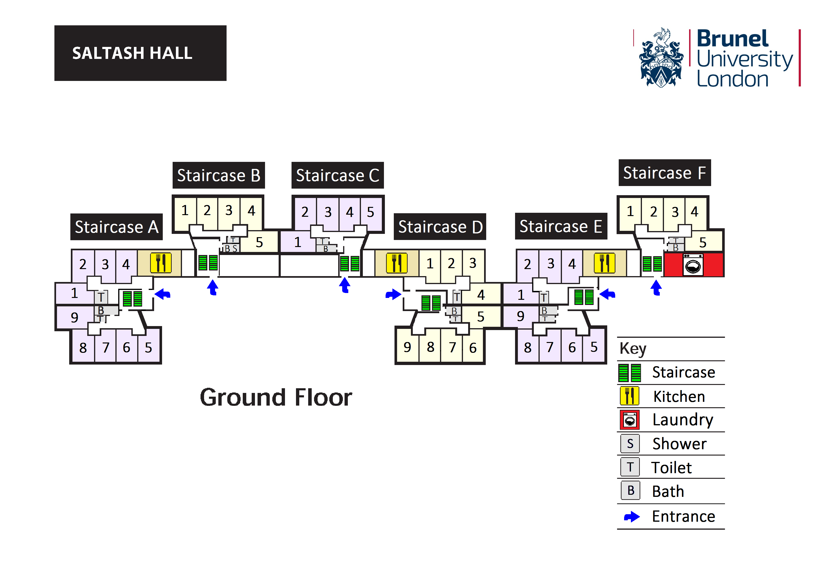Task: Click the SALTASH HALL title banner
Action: [x=140, y=53]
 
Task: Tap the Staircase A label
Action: [x=117, y=227]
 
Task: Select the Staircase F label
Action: [x=664, y=173]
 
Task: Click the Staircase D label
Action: [x=440, y=227]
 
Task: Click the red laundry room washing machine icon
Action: [x=693, y=265]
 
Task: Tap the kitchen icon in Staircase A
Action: [x=161, y=263]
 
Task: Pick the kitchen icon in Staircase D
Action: [x=396, y=263]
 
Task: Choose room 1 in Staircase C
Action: [x=297, y=242]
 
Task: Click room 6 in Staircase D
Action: [x=473, y=347]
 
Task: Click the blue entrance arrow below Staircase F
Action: [x=656, y=288]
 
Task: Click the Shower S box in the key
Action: [x=630, y=444]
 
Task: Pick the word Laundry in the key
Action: [x=683, y=420]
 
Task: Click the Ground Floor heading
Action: [x=276, y=397]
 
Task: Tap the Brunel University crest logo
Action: [x=661, y=58]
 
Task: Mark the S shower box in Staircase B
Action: [x=235, y=248]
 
